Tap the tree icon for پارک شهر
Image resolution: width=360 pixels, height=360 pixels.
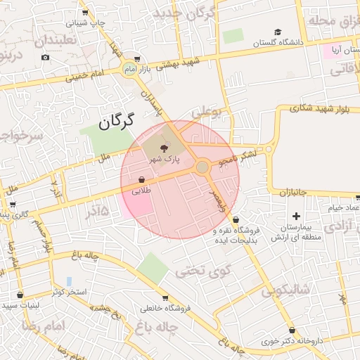pyautogui.click(x=164, y=148)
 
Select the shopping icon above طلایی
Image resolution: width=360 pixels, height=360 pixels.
pyautogui.click(x=142, y=179)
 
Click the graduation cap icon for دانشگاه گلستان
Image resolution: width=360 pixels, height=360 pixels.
pyautogui.click(x=278, y=32)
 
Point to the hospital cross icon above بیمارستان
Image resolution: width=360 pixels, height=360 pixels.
pyautogui.click(x=296, y=216)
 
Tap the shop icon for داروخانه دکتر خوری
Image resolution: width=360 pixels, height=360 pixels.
pyautogui.click(x=291, y=330)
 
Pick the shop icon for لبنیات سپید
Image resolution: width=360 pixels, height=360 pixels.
pyautogui.click(x=19, y=295)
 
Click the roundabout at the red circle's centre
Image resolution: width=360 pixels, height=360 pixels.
pyautogui.click(x=202, y=167)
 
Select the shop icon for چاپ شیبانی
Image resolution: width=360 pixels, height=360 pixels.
pyautogui.click(x=84, y=12)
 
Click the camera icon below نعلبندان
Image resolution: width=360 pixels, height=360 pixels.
pyautogui.click(x=46, y=56)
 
